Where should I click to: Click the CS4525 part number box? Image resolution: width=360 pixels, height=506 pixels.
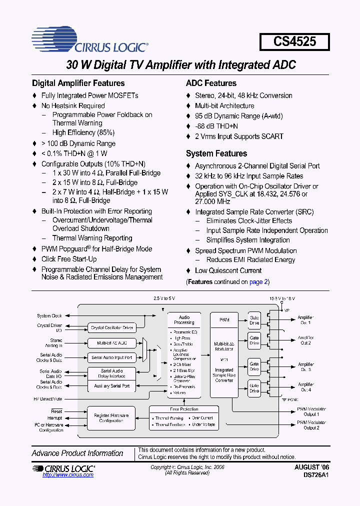[294, 41]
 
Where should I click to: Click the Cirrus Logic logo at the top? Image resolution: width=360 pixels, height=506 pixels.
[90, 41]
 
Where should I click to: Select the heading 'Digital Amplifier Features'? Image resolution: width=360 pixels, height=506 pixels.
[78, 83]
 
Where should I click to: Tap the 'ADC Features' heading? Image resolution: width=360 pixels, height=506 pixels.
[211, 83]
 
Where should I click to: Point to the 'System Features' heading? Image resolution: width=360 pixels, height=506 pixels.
[216, 154]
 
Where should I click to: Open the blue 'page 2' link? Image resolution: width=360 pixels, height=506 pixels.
[258, 282]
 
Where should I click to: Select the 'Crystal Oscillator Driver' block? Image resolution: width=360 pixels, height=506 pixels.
[112, 328]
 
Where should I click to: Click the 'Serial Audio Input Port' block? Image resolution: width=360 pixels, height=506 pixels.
[112, 357]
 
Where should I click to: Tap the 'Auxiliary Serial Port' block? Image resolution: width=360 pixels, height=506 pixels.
[112, 386]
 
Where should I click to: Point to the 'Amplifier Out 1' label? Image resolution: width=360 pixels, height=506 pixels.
[305, 320]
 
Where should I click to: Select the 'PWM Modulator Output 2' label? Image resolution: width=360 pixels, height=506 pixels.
[311, 425]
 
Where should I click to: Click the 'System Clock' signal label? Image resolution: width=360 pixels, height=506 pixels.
[49, 316]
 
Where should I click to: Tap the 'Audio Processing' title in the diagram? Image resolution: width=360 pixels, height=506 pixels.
[184, 319]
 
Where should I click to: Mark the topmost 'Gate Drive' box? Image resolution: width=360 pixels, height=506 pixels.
[254, 320]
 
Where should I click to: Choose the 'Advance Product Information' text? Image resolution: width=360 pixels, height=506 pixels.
[77, 453]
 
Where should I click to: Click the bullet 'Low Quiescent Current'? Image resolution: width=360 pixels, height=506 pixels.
[228, 271]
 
